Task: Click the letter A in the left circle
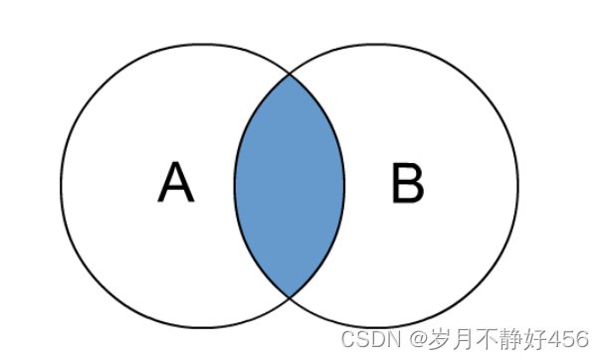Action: pyautogui.click(x=175, y=183)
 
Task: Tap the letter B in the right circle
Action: pyautogui.click(x=407, y=184)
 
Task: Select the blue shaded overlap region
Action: pyautogui.click(x=290, y=185)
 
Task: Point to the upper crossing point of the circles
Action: pyautogui.click(x=290, y=74)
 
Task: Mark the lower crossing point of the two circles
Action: pyautogui.click(x=290, y=296)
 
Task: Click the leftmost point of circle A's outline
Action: pyautogui.click(x=61, y=185)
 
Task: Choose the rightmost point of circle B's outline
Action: pyautogui.click(x=518, y=185)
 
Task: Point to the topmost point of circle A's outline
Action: pyautogui.click(x=203, y=43)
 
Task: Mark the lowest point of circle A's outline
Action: pyautogui.click(x=203, y=327)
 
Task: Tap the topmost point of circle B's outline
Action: pyautogui.click(x=376, y=43)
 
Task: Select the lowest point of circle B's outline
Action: pyautogui.click(x=376, y=327)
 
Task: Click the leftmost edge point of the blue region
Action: pyautogui.click(x=235, y=185)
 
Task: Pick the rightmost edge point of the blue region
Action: pyautogui.click(x=344, y=185)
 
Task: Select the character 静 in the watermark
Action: pyautogui.click(x=503, y=340)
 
